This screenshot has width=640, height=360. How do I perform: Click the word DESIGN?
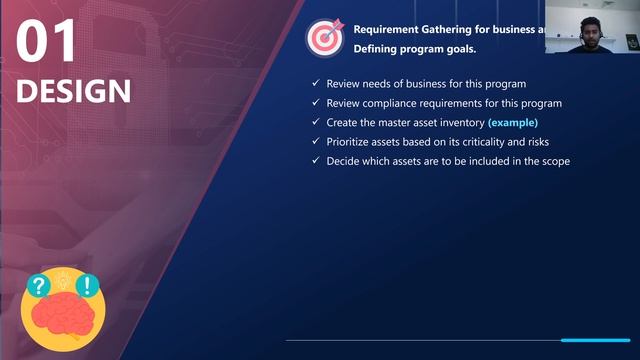73,91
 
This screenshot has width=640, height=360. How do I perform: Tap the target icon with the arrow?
325,37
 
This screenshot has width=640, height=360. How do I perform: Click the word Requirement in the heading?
393,28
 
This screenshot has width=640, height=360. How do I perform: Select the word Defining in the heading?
375,48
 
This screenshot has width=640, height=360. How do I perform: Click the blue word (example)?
512,122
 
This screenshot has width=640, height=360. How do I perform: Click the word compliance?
391,103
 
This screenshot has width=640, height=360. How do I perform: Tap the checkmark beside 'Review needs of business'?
316,83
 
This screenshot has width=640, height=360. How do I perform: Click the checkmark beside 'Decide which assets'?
316,161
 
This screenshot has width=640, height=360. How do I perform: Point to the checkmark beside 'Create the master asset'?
316,122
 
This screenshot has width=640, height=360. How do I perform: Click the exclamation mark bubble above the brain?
86,285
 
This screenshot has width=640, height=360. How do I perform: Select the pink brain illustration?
63,315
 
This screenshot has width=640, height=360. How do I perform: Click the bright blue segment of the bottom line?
595,340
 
